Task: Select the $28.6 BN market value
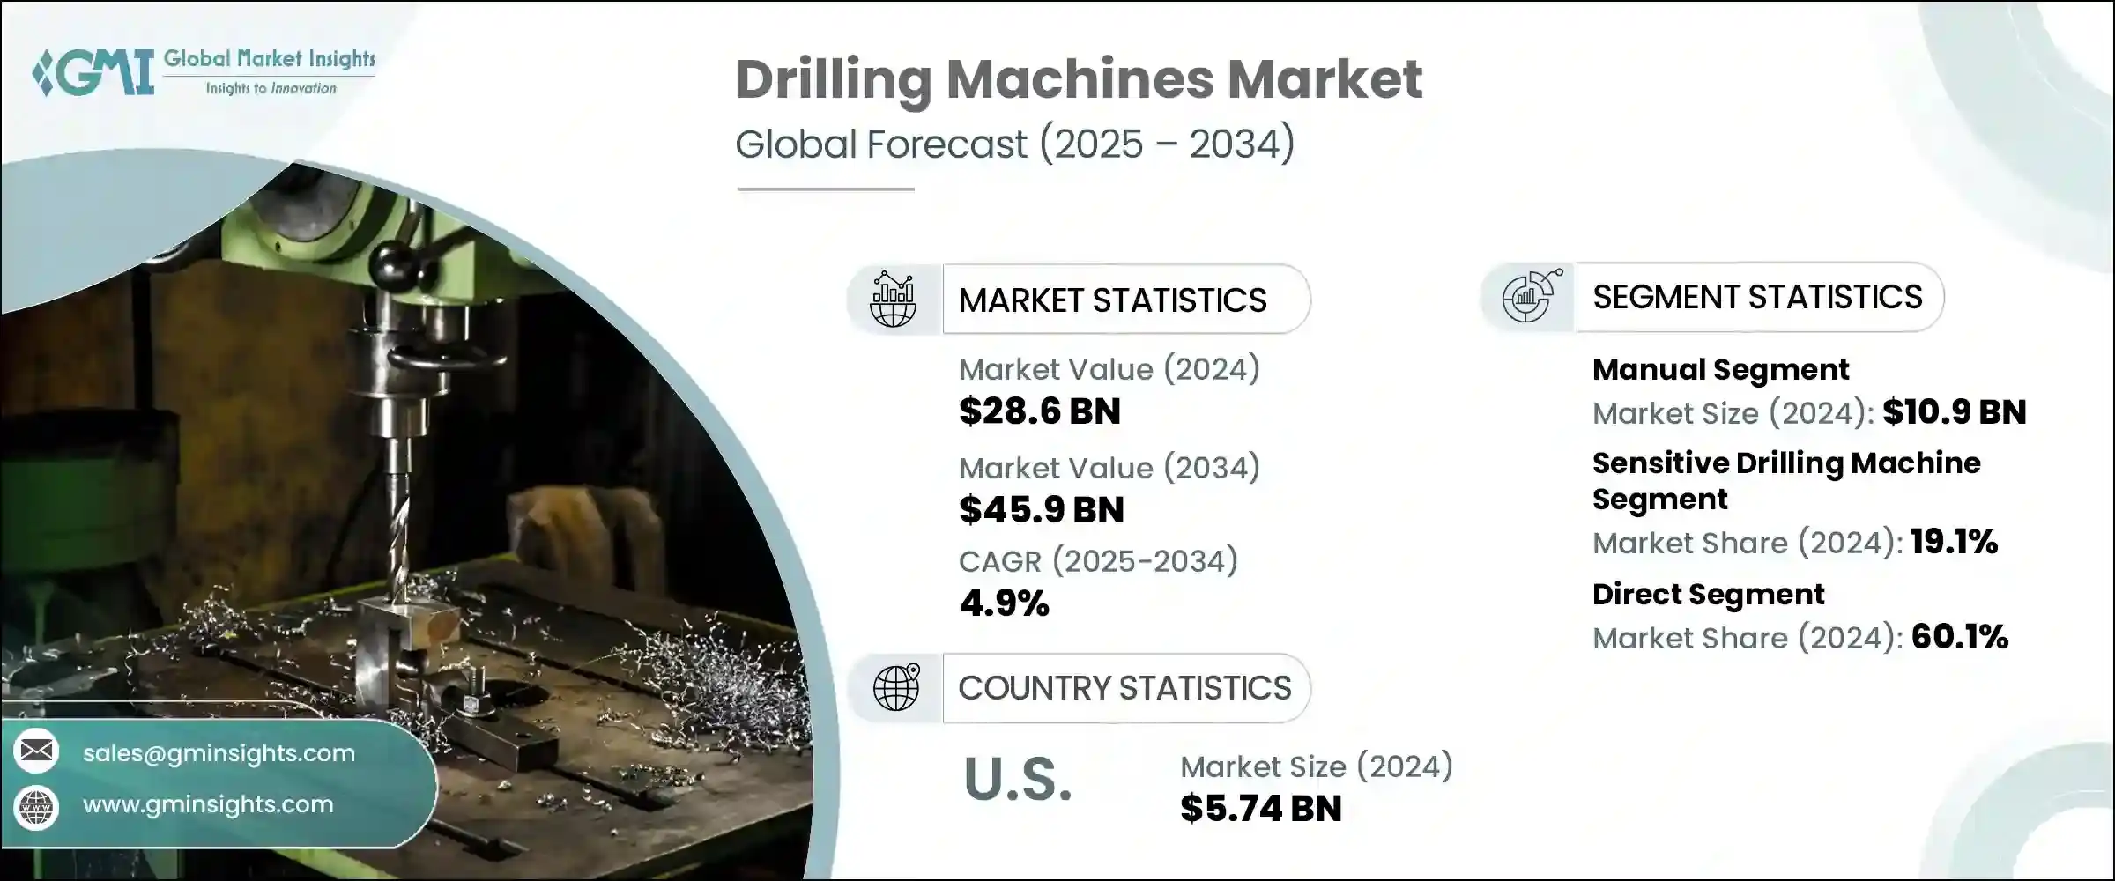point(1040,411)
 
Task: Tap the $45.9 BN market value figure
point(1042,510)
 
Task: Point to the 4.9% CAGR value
point(1004,603)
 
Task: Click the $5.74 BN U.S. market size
point(1261,809)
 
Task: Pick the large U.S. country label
point(1018,780)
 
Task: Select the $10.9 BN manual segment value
point(1955,412)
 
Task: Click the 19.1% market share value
point(1954,542)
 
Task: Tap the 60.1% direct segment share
point(1960,637)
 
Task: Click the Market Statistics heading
point(1112,300)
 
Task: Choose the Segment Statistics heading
point(1757,297)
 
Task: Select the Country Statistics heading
point(1124,688)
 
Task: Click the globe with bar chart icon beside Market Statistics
point(893,300)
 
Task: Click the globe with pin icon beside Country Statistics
point(896,688)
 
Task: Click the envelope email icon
point(36,751)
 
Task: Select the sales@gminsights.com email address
point(219,753)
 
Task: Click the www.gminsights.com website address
point(208,804)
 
